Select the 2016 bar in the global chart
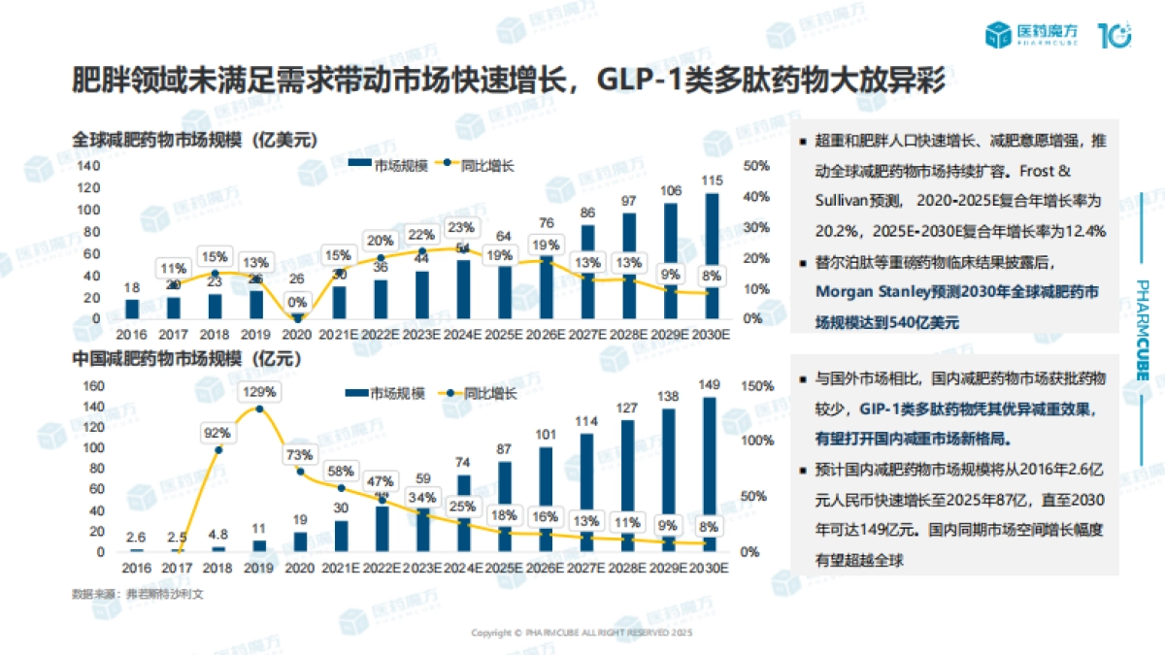[132, 309]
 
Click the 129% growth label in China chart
[259, 392]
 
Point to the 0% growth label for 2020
[298, 302]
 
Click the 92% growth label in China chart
[217, 432]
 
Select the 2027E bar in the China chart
[587, 492]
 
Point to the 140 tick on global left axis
[89, 166]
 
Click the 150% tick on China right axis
[756, 385]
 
